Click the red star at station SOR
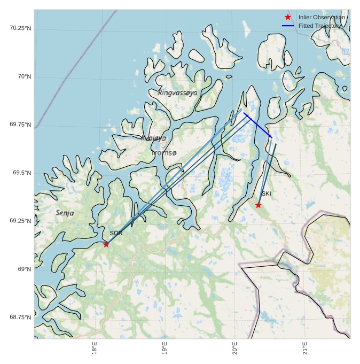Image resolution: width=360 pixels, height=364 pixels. (106, 244)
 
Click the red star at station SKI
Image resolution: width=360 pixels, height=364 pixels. (259, 205)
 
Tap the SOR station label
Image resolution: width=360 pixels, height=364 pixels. (116, 233)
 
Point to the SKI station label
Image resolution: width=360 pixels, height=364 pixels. (266, 193)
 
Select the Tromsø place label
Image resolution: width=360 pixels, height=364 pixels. (163, 153)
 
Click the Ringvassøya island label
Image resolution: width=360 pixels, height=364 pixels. (177, 92)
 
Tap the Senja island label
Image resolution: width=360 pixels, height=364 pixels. (65, 213)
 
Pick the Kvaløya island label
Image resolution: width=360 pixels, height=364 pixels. (154, 138)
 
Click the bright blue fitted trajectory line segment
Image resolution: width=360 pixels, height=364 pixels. (257, 125)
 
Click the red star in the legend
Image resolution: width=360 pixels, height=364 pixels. (288, 17)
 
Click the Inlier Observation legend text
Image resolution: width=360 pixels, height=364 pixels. (322, 17)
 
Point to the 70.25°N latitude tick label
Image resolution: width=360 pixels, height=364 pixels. (20, 28)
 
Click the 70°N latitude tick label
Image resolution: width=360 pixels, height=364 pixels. (25, 76)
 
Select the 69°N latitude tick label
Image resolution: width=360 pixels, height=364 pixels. (25, 269)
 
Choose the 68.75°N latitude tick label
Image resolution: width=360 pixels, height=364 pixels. (20, 317)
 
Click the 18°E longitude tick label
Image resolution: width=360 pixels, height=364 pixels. (95, 348)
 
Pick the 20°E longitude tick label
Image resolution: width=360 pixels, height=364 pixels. (235, 348)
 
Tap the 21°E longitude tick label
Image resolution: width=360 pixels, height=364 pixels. (305, 348)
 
